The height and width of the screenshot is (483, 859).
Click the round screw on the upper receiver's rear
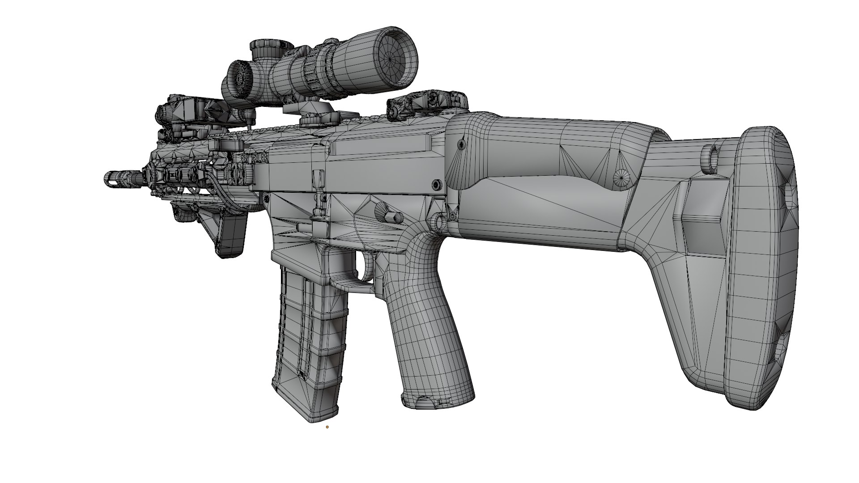coord(435,184)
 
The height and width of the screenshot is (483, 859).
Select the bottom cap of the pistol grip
coord(436,400)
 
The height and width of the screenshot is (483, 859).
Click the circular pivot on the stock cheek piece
coord(621,177)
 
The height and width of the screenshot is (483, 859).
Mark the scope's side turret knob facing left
coord(239,78)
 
